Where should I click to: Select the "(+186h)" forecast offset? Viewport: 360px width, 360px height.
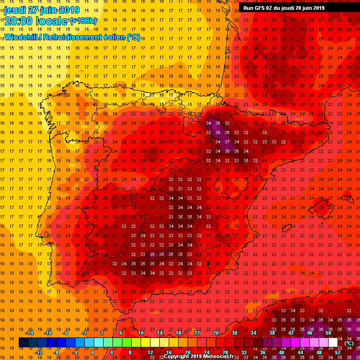click(84, 21)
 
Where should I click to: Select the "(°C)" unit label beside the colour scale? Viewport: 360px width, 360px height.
click(349, 343)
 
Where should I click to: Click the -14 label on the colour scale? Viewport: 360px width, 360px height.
click(29, 333)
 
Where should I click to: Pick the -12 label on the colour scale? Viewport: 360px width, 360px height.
click(38, 352)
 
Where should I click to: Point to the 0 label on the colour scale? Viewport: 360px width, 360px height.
click(93, 352)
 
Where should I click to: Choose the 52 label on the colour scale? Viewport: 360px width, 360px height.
click(338, 352)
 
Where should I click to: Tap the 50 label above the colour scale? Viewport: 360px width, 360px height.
click(328, 333)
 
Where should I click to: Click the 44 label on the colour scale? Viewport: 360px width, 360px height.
click(300, 352)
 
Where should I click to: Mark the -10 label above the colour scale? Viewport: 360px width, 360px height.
click(48, 333)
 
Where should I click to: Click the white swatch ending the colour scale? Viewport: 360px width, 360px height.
click(333, 343)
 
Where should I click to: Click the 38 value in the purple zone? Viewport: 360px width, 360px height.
click(217, 133)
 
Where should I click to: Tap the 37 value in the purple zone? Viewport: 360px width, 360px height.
click(227, 142)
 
